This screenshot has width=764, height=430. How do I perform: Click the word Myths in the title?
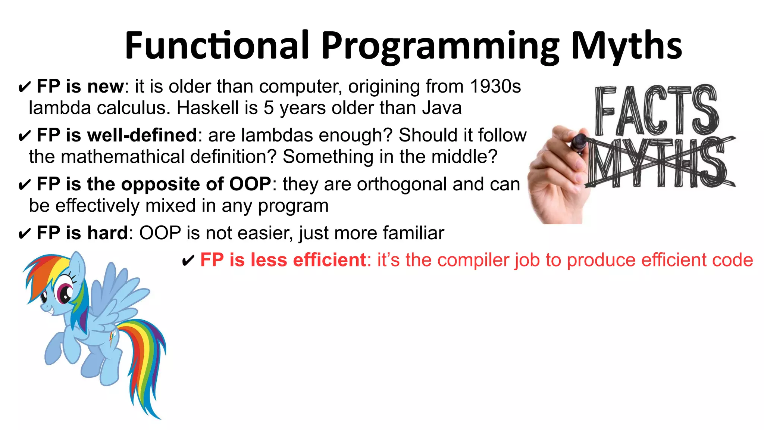tap(627, 46)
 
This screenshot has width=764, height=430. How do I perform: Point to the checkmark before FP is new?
tap(24, 88)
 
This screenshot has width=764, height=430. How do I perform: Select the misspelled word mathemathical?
tap(123, 157)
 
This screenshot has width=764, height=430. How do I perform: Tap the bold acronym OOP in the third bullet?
tap(250, 184)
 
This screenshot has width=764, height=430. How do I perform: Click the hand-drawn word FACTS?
tap(657, 110)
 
